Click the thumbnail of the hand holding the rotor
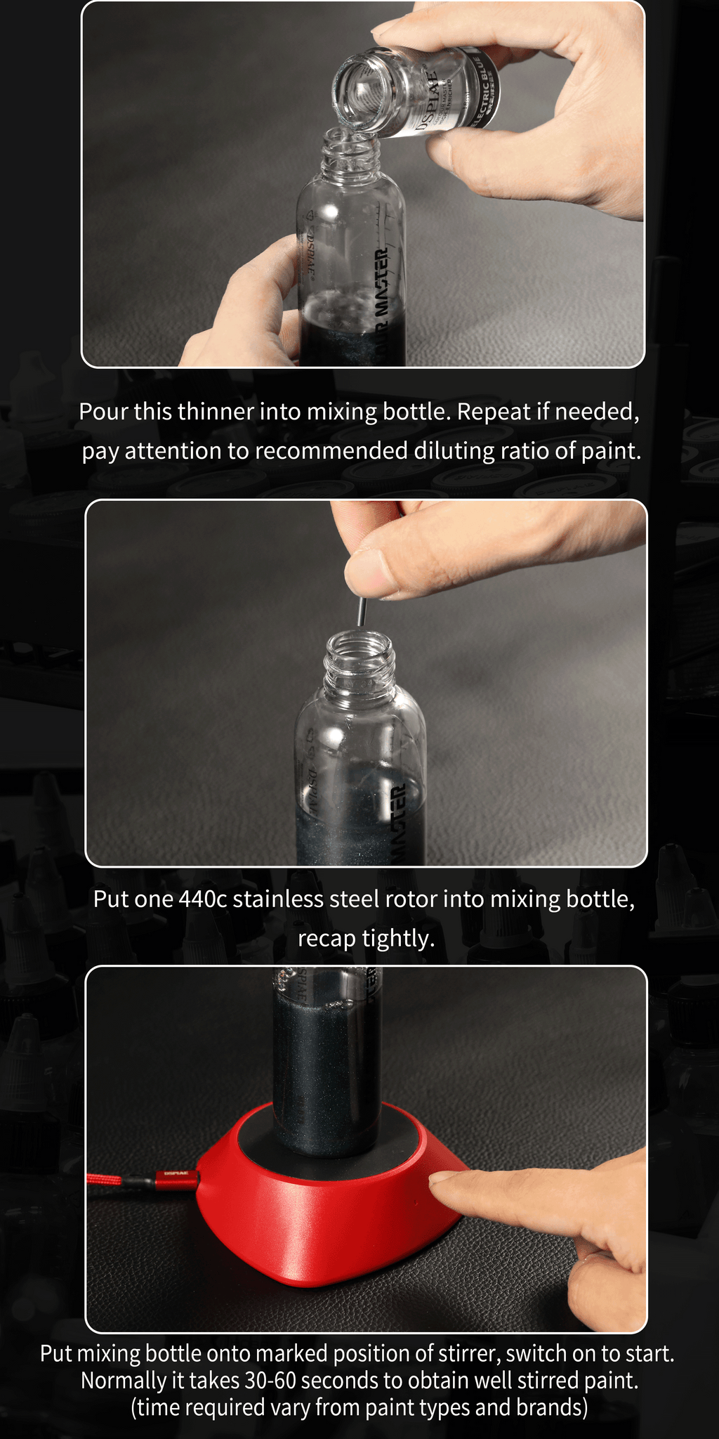pos(366,565)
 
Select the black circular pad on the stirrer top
pos(330,1142)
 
